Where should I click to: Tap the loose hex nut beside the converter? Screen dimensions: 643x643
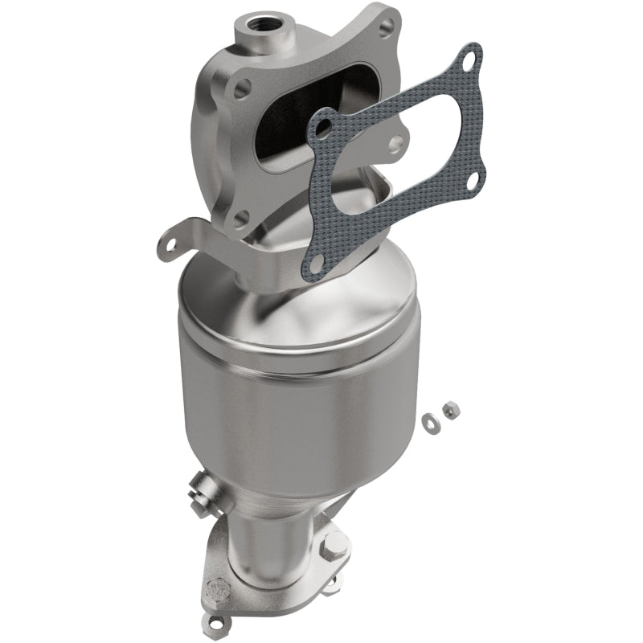pyautogui.click(x=452, y=410)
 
